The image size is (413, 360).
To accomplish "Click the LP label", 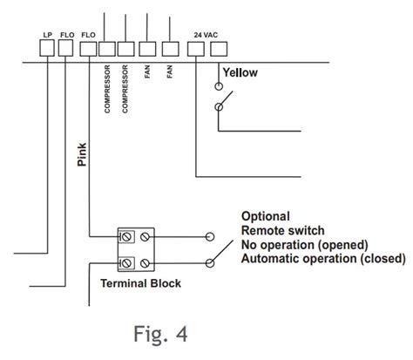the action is point(48,35).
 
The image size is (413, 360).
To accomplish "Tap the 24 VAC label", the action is point(206,35).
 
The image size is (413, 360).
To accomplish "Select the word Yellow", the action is point(240,72).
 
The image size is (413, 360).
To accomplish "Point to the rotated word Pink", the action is point(82,154).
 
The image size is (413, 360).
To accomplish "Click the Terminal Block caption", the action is point(140,283).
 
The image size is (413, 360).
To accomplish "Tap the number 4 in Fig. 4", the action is point(181,334).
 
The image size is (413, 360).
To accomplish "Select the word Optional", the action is point(266,216).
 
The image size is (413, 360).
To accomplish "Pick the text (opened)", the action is point(342,245).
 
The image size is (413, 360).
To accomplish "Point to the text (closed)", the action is point(383,258).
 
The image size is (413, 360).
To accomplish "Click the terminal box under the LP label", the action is point(47,48).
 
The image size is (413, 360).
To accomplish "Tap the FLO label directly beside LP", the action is point(67,35).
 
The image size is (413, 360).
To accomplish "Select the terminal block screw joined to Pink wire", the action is point(125,237).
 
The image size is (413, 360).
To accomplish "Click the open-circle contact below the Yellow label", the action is point(219,86).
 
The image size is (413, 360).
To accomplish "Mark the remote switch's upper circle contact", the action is point(210,237).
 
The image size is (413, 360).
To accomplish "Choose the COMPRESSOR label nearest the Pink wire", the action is point(107,89).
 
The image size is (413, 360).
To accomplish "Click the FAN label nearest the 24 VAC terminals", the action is point(170,71).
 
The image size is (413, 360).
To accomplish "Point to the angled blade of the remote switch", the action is point(221,252).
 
